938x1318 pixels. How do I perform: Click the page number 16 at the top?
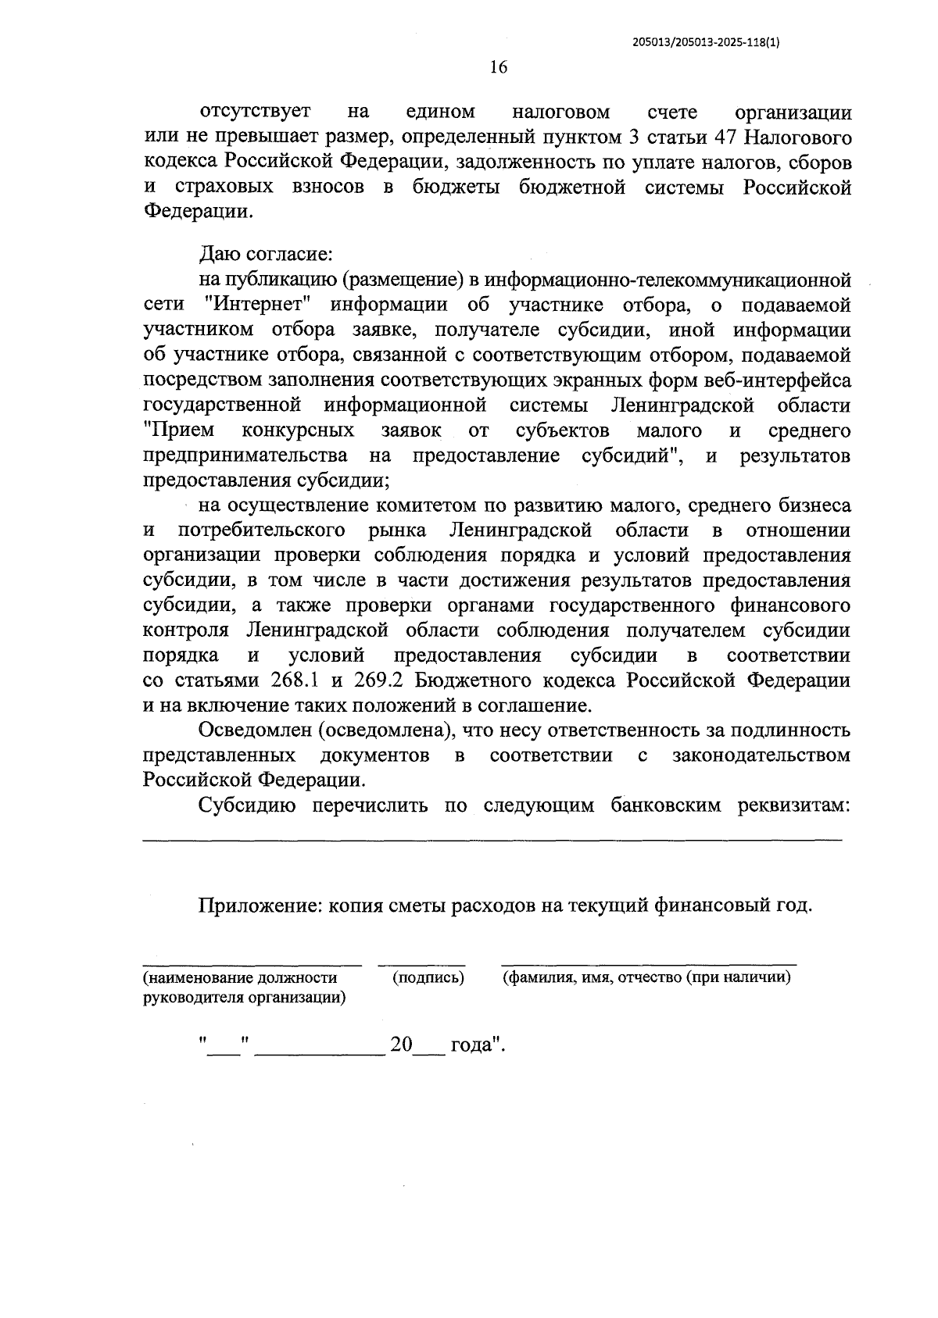point(499,67)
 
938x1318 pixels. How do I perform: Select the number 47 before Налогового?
point(724,138)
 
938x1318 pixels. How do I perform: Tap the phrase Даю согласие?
point(267,255)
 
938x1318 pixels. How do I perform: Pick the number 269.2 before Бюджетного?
point(378,680)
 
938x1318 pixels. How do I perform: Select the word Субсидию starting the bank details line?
point(247,805)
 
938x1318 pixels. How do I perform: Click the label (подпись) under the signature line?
point(428,977)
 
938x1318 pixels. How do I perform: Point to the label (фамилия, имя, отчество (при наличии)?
point(646,977)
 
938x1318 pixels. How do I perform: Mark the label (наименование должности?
point(239,977)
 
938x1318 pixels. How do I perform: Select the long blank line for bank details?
point(492,839)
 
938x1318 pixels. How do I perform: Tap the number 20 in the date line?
point(401,1045)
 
